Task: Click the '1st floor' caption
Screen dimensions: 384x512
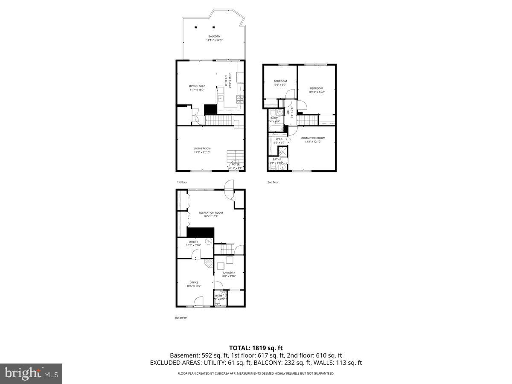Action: (x=182, y=182)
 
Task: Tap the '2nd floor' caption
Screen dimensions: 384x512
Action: (x=273, y=182)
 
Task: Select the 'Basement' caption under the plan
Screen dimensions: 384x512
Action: (x=181, y=317)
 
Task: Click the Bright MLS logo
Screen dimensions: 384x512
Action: (x=31, y=374)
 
